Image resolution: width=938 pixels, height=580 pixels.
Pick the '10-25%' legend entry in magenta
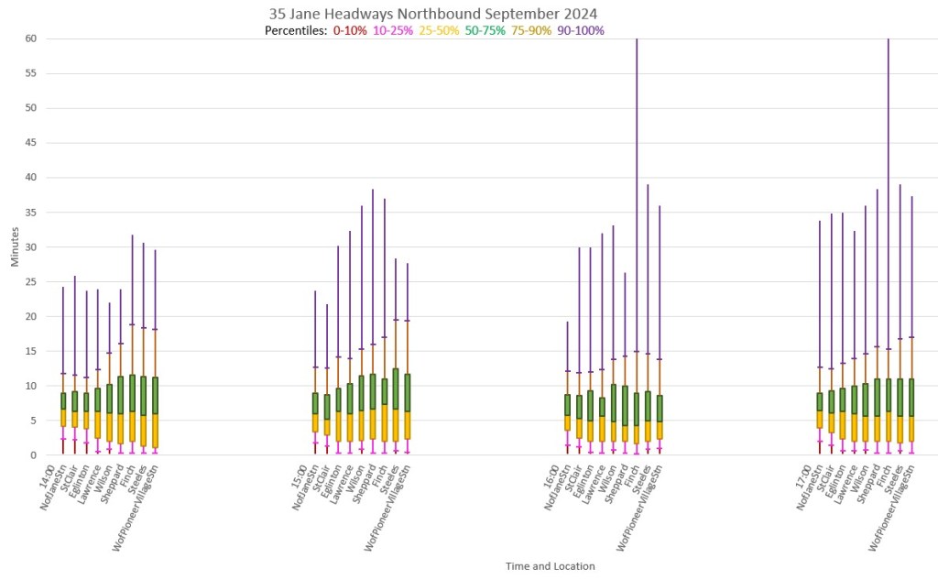[x=392, y=31]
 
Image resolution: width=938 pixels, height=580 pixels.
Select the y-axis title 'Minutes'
[x=15, y=247]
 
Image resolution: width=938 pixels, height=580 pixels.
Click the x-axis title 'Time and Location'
[x=550, y=566]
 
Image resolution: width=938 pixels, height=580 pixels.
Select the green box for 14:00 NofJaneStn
[x=63, y=400]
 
